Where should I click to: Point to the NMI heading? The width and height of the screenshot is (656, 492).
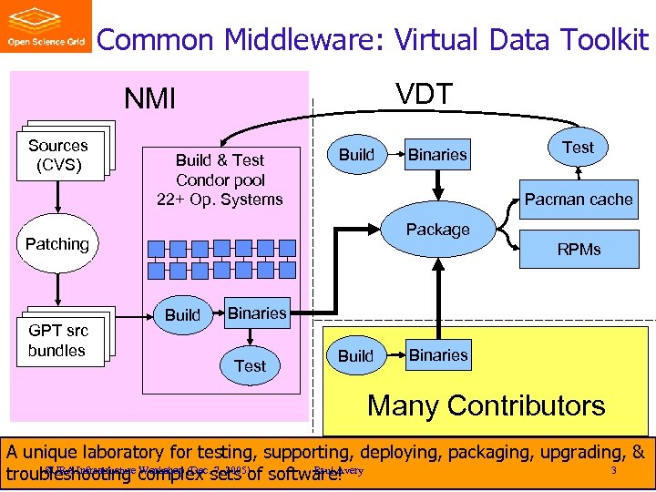pyautogui.click(x=150, y=98)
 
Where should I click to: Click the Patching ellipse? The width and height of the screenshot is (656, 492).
pyautogui.click(x=56, y=244)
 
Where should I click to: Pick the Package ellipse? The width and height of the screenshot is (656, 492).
pyautogui.click(x=438, y=230)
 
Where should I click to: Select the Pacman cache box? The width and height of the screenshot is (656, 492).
pyautogui.click(x=579, y=199)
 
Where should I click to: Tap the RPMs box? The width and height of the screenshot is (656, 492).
pyautogui.click(x=580, y=249)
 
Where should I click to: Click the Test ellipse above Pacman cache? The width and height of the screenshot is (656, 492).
pyautogui.click(x=578, y=147)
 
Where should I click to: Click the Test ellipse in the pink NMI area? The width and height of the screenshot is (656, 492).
pyautogui.click(x=250, y=365)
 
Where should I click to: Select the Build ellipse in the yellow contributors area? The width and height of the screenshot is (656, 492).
pyautogui.click(x=355, y=355)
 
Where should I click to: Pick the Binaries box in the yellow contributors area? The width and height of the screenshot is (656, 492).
pyautogui.click(x=438, y=354)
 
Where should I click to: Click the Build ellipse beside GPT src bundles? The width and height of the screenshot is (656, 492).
pyautogui.click(x=182, y=314)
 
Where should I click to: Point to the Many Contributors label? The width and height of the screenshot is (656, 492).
pyautogui.click(x=486, y=405)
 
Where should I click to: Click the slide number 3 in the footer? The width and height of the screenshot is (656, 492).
pyautogui.click(x=613, y=470)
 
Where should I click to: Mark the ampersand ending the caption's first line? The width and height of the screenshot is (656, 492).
pyautogui.click(x=638, y=452)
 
